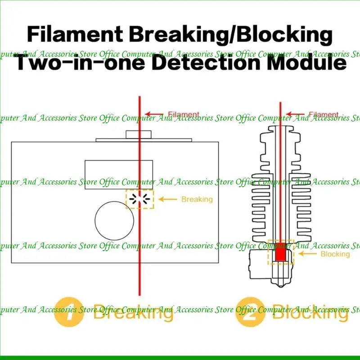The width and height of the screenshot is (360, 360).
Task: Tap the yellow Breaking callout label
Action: [x=197, y=199]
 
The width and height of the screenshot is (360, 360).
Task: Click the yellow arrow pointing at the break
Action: [x=167, y=199]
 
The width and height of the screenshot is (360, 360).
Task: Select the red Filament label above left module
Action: [x=183, y=114]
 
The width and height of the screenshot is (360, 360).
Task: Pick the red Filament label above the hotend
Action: [x=324, y=114]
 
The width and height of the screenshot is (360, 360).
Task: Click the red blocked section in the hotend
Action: [x=281, y=252]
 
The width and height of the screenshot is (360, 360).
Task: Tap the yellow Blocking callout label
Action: [x=335, y=254]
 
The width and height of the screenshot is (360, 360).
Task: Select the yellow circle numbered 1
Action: [x=69, y=311]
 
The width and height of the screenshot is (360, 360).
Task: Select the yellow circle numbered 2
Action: [x=251, y=311]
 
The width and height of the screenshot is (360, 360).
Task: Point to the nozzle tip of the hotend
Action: [x=281, y=284]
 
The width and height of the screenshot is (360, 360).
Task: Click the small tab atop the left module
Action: [x=134, y=134]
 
